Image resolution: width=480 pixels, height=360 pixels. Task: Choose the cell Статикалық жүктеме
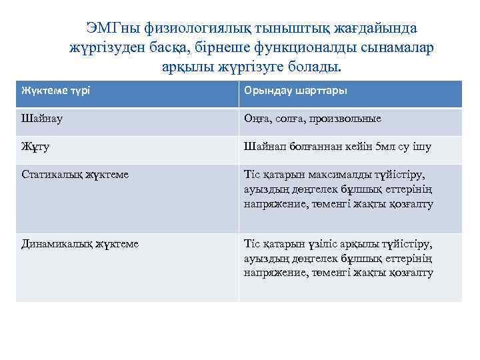[x=75, y=174]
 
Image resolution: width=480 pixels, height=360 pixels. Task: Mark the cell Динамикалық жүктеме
[x=80, y=243]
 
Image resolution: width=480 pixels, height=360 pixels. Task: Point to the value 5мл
[x=386, y=146]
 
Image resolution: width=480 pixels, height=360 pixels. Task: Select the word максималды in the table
[x=335, y=174]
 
